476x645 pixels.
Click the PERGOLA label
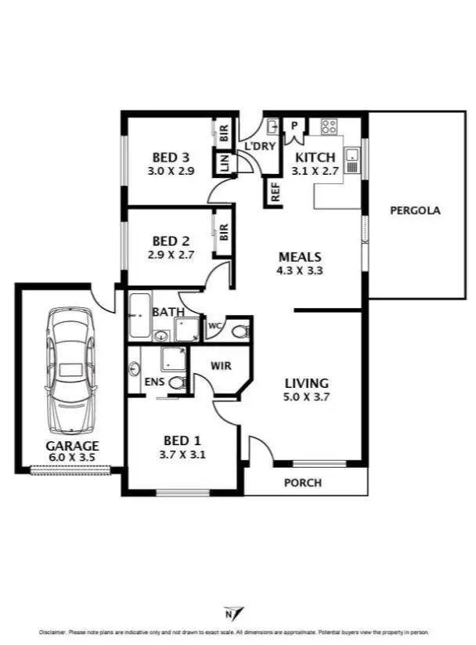pos(415,210)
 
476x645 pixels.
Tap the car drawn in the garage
pos(71,371)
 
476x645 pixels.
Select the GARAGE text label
pos(71,446)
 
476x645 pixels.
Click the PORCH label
pos(302,483)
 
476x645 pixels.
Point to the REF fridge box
pos(276,193)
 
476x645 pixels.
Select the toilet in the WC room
pos(240,332)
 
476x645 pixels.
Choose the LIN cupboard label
pos(224,164)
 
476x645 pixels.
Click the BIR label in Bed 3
pos(224,133)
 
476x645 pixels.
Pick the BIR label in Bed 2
pos(224,232)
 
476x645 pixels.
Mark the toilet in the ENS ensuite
pos(178,383)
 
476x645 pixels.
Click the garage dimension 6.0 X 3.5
pos(71,458)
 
